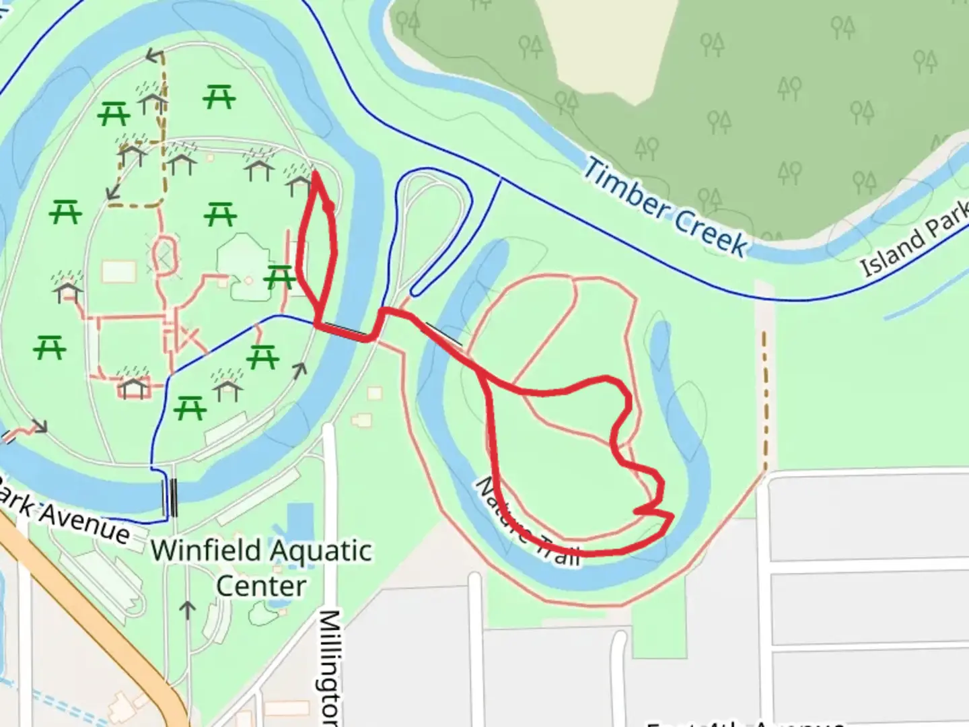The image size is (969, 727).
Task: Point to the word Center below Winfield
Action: tap(261, 586)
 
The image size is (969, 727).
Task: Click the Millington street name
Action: tap(328, 666)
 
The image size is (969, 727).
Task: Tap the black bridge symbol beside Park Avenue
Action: tap(174, 497)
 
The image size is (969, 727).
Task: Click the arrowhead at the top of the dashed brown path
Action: tap(155, 56)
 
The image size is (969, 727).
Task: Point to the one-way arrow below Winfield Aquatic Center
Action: tap(188, 610)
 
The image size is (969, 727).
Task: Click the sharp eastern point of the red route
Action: tap(671, 516)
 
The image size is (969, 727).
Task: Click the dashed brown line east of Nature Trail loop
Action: tap(765, 404)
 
